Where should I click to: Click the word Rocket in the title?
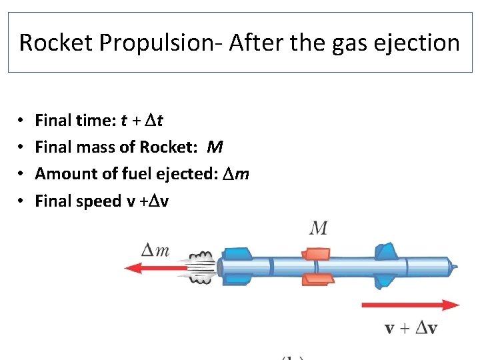pyautogui.click(x=57, y=43)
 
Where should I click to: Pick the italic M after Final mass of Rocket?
pyautogui.click(x=215, y=147)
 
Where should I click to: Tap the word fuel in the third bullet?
pyautogui.click(x=137, y=173)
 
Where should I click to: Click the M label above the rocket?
pyautogui.click(x=319, y=228)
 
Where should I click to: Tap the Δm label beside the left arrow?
pyautogui.click(x=155, y=251)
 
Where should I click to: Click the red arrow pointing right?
pyautogui.click(x=410, y=305)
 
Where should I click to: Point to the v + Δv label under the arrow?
pyautogui.click(x=411, y=328)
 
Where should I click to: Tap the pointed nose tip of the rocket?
pyautogui.click(x=454, y=267)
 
